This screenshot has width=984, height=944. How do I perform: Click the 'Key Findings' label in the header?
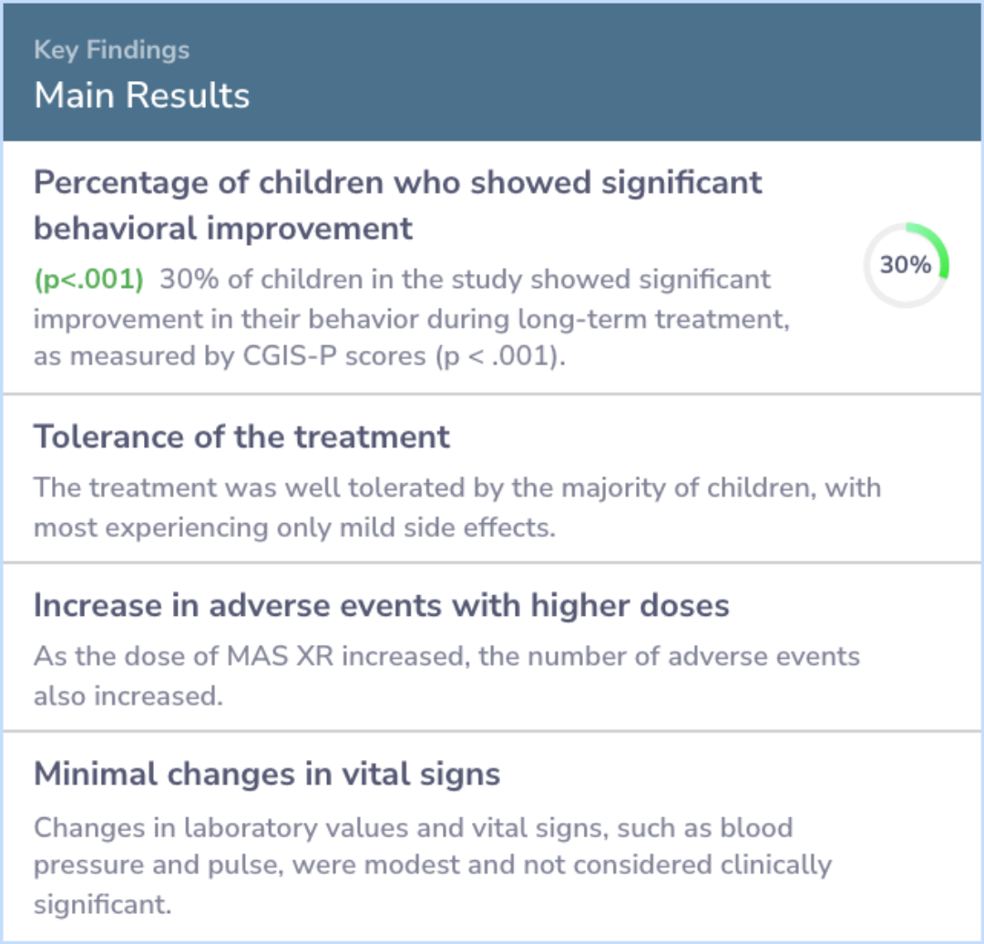click(x=112, y=50)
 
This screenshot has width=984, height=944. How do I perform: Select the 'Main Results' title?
click(x=142, y=96)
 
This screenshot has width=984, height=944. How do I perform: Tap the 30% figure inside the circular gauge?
click(x=905, y=265)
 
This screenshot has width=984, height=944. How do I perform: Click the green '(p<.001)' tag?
click(x=89, y=280)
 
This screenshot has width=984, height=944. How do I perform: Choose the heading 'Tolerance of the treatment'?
click(x=241, y=436)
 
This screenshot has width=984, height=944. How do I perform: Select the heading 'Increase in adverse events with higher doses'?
click(x=382, y=606)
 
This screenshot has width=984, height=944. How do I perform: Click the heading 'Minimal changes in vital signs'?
click(x=267, y=774)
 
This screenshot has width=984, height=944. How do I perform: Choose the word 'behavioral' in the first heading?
click(x=116, y=229)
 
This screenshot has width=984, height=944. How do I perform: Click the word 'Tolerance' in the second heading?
click(x=109, y=436)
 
